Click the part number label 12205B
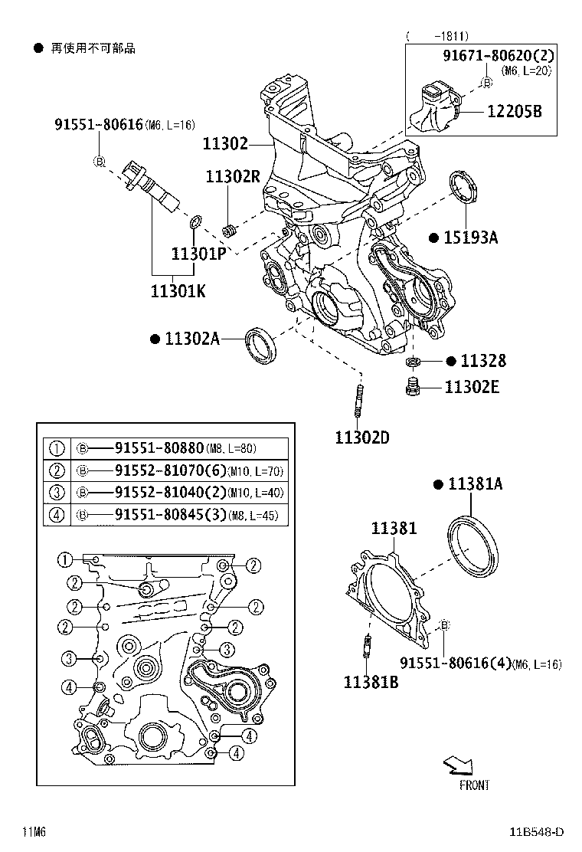(514, 111)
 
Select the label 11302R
(233, 177)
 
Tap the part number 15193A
(470, 238)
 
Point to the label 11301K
(178, 291)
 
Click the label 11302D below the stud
(361, 437)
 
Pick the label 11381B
(371, 681)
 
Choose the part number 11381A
(475, 484)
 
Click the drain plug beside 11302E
(414, 387)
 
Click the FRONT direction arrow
(459, 764)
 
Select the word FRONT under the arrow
(474, 785)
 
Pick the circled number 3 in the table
(56, 493)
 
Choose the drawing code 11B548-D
(538, 832)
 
